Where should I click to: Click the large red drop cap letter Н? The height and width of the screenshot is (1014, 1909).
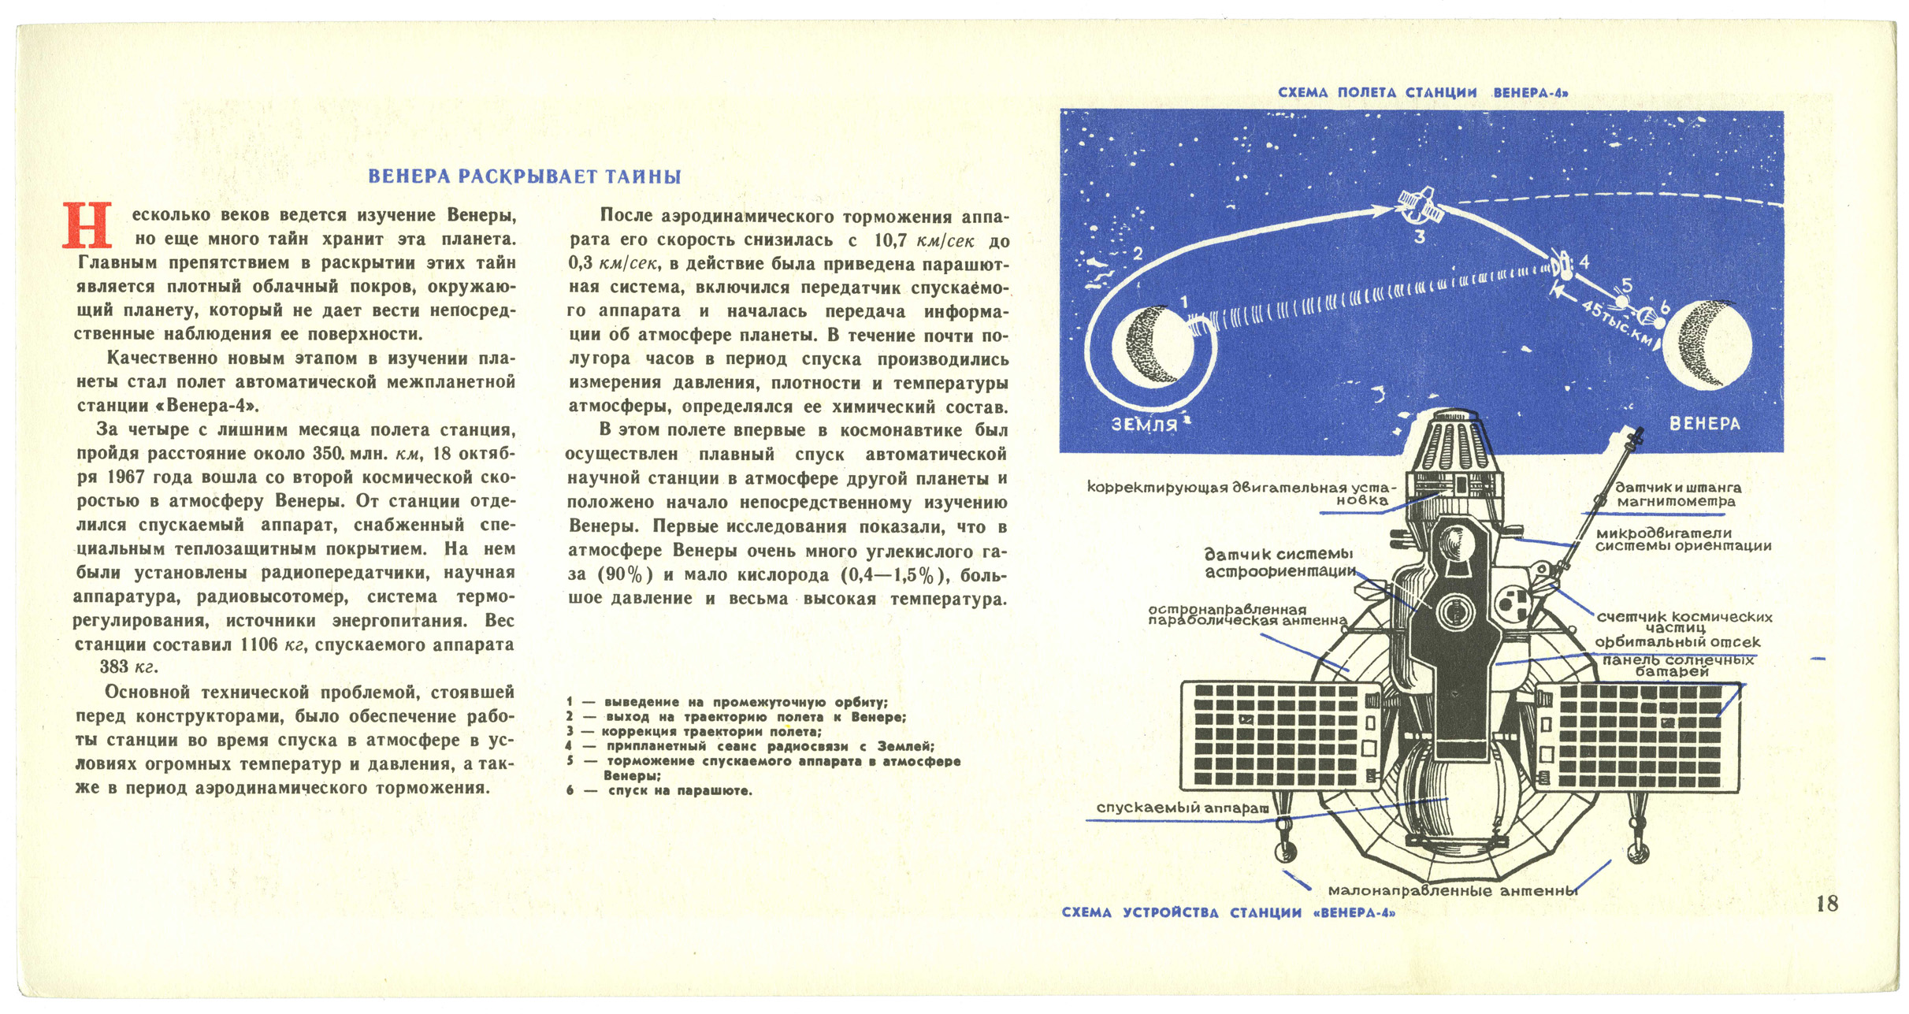pyautogui.click(x=87, y=225)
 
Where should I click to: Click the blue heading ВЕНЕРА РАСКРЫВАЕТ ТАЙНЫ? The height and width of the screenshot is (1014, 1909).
pyautogui.click(x=525, y=176)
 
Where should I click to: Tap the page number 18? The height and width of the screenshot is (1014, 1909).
pyautogui.click(x=1826, y=904)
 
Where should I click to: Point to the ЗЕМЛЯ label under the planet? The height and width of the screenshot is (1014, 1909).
pyautogui.click(x=1144, y=425)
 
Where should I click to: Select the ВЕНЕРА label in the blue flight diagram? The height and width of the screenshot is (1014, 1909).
pyautogui.click(x=1704, y=423)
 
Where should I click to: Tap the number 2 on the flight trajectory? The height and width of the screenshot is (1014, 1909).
pyautogui.click(x=1137, y=254)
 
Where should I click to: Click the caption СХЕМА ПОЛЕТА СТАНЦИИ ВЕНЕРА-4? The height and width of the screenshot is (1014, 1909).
pyautogui.click(x=1422, y=93)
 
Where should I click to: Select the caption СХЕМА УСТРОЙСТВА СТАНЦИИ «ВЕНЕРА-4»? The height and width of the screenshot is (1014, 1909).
pyautogui.click(x=1228, y=913)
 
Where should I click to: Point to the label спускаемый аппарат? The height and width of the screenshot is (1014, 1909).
pyautogui.click(x=1182, y=808)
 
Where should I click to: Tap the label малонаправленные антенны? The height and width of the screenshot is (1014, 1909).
pyautogui.click(x=1452, y=891)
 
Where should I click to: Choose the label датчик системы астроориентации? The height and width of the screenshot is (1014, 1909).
pyautogui.click(x=1279, y=563)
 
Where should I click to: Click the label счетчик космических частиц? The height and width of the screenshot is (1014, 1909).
pyautogui.click(x=1684, y=622)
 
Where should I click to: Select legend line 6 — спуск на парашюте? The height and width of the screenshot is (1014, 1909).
pyautogui.click(x=659, y=790)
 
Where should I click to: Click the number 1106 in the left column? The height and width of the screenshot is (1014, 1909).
pyautogui.click(x=259, y=644)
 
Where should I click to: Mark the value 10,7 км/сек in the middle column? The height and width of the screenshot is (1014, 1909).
pyautogui.click(x=923, y=240)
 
